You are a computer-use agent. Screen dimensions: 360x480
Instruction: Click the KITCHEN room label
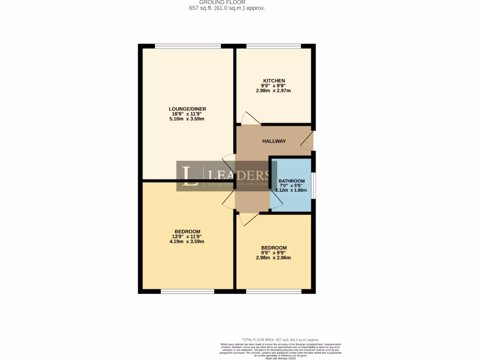pyautogui.click(x=273, y=81)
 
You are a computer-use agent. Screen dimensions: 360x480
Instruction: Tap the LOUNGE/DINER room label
pyautogui.click(x=187, y=109)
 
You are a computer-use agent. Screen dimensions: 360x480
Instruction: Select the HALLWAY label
pyautogui.click(x=274, y=141)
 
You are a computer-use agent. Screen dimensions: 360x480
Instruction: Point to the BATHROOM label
pyautogui.click(x=292, y=181)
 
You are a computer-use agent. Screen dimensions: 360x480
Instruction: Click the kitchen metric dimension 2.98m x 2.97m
pyautogui.click(x=273, y=90)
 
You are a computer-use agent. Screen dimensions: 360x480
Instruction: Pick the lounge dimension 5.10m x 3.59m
pyautogui.click(x=187, y=119)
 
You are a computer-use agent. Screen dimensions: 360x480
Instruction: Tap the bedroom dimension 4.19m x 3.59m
pyautogui.click(x=187, y=241)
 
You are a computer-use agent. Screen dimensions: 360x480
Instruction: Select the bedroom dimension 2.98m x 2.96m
pyautogui.click(x=273, y=257)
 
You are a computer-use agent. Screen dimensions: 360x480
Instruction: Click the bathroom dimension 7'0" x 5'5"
pyautogui.click(x=292, y=186)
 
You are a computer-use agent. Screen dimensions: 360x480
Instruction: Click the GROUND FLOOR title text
pyautogui.click(x=225, y=2)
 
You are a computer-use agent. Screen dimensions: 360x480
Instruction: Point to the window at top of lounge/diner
pyautogui.click(x=187, y=46)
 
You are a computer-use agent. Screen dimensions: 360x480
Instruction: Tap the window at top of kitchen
pyautogui.click(x=274, y=46)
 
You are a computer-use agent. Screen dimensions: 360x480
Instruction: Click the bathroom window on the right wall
pyautogui.click(x=314, y=186)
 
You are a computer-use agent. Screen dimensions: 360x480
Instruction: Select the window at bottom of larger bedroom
pyautogui.click(x=187, y=292)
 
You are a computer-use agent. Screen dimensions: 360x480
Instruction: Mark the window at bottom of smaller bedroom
pyautogui.click(x=274, y=292)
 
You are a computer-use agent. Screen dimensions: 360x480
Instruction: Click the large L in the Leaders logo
pyautogui.click(x=190, y=176)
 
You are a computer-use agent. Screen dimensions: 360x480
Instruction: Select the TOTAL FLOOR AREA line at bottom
pyautogui.click(x=280, y=339)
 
